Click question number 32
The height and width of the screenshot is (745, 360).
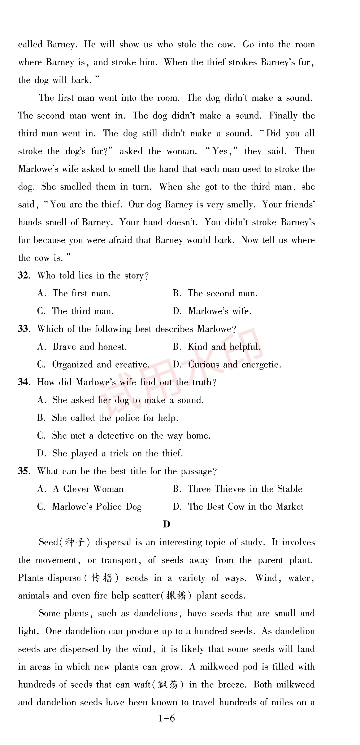click(23, 275)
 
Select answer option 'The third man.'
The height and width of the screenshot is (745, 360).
click(83, 311)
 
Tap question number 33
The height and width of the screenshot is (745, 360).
click(23, 329)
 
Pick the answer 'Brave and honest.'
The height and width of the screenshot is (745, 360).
click(89, 347)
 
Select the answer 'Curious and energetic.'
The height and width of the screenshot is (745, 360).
click(234, 365)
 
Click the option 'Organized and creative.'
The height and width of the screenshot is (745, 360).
click(101, 365)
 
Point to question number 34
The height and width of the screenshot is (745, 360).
click(23, 382)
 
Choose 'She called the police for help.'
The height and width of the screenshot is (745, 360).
click(115, 418)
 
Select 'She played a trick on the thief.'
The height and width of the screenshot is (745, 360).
click(117, 453)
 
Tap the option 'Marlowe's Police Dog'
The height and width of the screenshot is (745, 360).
click(97, 507)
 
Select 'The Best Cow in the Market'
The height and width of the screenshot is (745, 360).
click(245, 507)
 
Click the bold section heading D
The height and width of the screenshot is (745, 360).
click(166, 524)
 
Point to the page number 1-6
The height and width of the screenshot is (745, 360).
click(167, 718)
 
